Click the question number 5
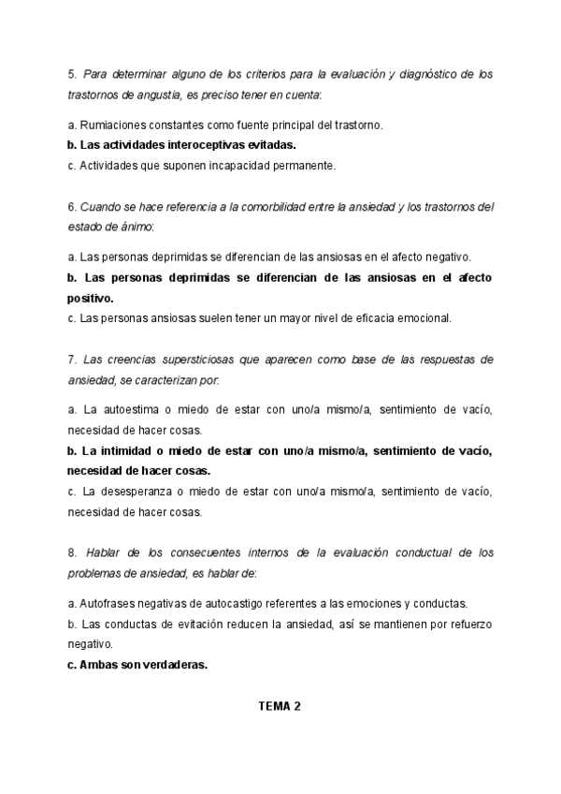pyautogui.click(x=71, y=73)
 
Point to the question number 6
pyautogui.click(x=71, y=206)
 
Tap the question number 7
pyautogui.click(x=71, y=360)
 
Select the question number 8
pyautogui.click(x=71, y=552)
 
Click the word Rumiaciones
pyautogui.click(x=112, y=125)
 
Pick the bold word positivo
pyautogui.click(x=89, y=298)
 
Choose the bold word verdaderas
pyautogui.click(x=167, y=666)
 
